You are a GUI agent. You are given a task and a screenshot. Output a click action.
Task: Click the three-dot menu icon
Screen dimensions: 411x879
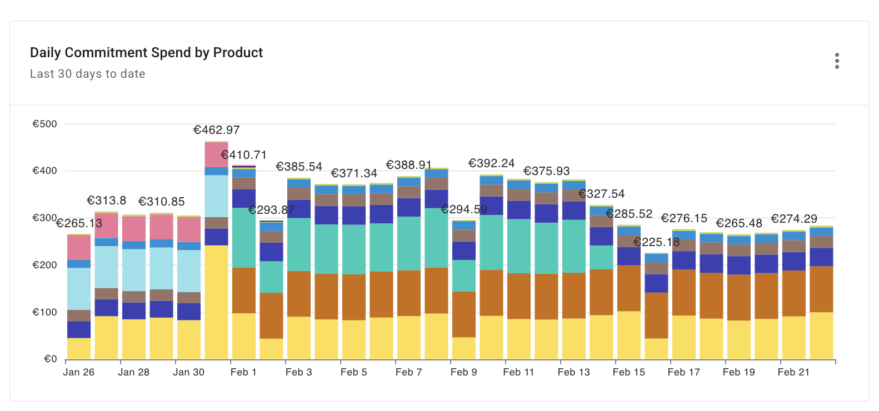(x=837, y=61)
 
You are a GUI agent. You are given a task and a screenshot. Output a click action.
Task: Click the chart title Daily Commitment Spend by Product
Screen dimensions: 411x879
(x=146, y=53)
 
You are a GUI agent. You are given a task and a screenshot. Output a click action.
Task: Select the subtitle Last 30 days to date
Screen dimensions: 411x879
(x=87, y=74)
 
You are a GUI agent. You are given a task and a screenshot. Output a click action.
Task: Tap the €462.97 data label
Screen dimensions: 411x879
(x=216, y=130)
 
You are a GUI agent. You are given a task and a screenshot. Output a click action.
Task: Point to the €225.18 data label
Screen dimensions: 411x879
(x=656, y=242)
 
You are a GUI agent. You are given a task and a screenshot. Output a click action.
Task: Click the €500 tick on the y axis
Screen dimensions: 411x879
(x=44, y=124)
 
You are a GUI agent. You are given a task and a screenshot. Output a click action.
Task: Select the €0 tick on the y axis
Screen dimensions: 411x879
(x=50, y=359)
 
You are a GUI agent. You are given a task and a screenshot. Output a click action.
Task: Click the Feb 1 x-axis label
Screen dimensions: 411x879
(x=243, y=372)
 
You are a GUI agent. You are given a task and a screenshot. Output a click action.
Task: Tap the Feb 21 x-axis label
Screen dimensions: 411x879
(x=793, y=372)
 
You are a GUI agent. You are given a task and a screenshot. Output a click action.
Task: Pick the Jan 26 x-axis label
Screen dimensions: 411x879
(x=78, y=372)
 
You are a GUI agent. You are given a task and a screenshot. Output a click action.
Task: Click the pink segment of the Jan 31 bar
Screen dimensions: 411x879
(x=216, y=155)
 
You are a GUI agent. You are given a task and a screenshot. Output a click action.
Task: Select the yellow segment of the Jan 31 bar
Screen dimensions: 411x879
(x=216, y=302)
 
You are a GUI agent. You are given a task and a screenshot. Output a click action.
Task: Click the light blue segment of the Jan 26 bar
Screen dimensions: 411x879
(x=79, y=289)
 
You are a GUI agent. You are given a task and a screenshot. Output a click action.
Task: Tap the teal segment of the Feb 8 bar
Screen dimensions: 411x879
(x=436, y=238)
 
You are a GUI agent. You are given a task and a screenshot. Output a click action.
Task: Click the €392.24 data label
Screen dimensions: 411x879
(x=491, y=163)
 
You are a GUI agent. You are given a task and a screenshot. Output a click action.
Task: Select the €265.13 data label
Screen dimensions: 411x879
(x=79, y=223)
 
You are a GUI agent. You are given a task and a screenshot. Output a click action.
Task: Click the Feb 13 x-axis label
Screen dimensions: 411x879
(x=573, y=372)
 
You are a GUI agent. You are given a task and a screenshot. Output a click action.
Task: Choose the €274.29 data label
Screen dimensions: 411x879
(x=793, y=219)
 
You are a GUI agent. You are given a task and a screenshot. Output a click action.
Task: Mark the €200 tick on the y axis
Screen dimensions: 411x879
(x=44, y=265)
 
